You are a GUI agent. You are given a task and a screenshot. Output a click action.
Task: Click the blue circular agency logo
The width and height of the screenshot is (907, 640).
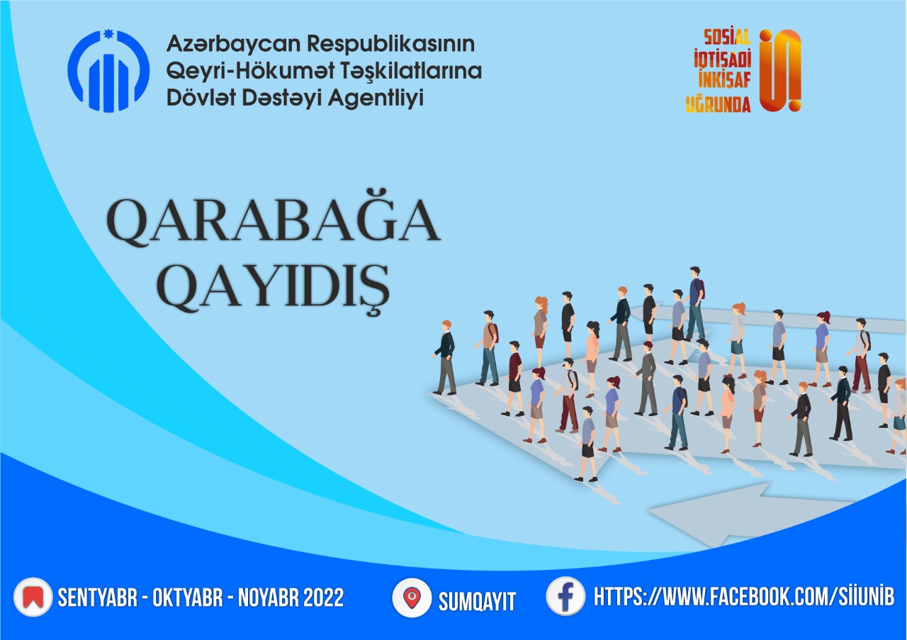coord(108,71)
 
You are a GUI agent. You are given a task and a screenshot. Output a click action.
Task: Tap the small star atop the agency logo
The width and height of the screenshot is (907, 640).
coord(108,35)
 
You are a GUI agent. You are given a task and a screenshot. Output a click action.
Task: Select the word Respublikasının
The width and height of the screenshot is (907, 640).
coord(391,44)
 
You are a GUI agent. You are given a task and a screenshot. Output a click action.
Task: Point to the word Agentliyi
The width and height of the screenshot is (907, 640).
coord(376,99)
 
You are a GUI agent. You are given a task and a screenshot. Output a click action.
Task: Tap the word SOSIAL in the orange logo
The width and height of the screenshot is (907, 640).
coord(727,38)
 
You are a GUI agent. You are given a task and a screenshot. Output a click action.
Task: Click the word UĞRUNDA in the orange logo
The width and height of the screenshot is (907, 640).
coord(718,104)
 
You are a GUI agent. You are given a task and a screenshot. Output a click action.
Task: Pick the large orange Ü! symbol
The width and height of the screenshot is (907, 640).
coord(780,70)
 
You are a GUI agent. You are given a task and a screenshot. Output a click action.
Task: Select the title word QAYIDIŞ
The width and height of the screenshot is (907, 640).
coord(274,287)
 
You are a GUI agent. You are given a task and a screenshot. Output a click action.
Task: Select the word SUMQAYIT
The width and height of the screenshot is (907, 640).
coord(477,602)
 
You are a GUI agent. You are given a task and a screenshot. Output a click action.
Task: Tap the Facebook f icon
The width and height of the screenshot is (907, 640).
coord(565,597)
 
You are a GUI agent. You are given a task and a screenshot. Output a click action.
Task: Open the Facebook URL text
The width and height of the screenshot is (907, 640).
coord(744,597)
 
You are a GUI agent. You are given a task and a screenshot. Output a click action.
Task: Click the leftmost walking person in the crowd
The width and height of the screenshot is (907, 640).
coord(446,358)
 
